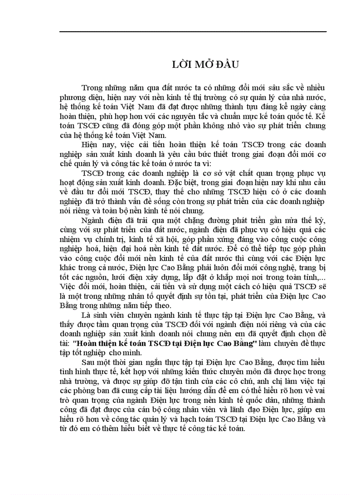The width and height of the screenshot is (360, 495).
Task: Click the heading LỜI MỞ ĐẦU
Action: pos(205,64)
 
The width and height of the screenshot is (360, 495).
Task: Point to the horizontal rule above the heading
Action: pos(193,32)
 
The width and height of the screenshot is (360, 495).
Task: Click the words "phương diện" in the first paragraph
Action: pos(78,97)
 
